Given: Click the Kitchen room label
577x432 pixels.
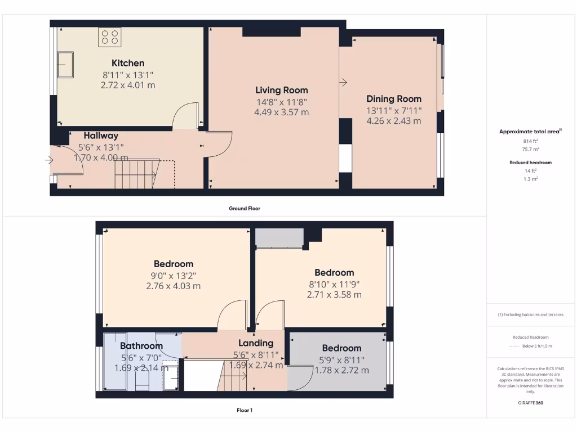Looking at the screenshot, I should click(x=128, y=63).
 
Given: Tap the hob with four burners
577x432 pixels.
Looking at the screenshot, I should click(x=110, y=37).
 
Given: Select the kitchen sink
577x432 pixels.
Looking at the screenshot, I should click(x=65, y=64).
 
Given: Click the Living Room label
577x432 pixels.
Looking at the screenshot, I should click(x=281, y=90).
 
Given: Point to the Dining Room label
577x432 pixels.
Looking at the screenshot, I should click(x=394, y=99).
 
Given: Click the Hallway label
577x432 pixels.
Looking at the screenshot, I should click(x=101, y=136).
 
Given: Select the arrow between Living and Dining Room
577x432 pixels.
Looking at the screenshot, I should click(x=343, y=83).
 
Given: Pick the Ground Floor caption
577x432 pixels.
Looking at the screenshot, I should click(x=244, y=208).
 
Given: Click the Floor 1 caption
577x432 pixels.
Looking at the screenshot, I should click(x=244, y=410).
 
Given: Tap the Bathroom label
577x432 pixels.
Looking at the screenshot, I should click(x=141, y=346).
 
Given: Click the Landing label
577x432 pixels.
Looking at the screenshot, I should click(x=255, y=343).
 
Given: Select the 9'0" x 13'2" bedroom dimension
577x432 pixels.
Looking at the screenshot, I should click(x=173, y=276).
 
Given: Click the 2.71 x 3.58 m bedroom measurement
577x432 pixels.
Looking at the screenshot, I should click(x=334, y=294).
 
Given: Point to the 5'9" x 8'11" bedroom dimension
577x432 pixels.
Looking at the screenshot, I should click(x=341, y=360).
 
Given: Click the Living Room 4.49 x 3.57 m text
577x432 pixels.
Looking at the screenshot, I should click(x=281, y=112).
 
